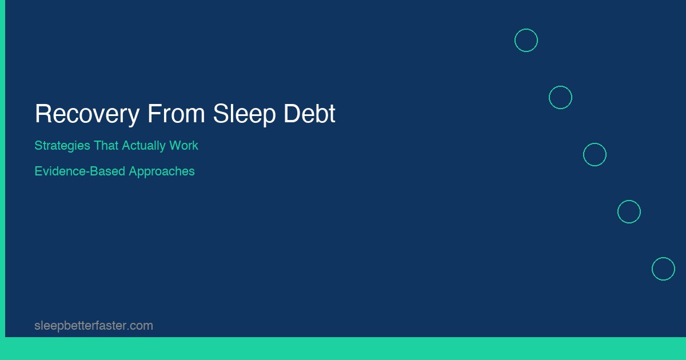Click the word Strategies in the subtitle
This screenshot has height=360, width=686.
(x=62, y=146)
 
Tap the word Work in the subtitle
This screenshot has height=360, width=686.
(x=184, y=146)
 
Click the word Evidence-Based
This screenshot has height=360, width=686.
(x=79, y=171)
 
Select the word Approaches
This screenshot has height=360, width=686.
(x=162, y=171)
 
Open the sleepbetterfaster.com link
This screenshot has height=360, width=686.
(x=94, y=326)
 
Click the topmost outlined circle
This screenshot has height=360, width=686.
(x=526, y=41)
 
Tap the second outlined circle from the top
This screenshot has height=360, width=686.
(x=560, y=98)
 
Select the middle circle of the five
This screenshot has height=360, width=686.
(x=595, y=155)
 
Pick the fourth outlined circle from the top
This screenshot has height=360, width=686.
(x=629, y=212)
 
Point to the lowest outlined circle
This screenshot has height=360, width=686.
(x=663, y=269)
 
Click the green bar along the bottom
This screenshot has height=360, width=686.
(x=343, y=349)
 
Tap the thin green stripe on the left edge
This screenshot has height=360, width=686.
(x=2, y=171)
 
